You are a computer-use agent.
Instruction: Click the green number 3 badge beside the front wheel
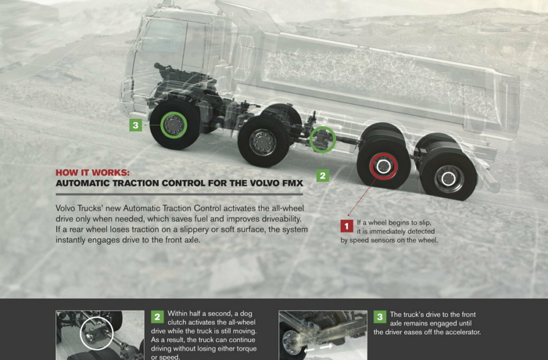(x=136, y=125)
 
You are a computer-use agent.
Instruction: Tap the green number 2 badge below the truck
(x=323, y=176)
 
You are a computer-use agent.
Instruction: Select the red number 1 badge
(x=347, y=226)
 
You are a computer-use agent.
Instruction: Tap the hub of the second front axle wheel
(x=263, y=142)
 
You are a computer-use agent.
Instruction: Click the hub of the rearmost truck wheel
(x=449, y=179)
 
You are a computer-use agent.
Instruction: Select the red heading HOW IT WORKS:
(x=92, y=172)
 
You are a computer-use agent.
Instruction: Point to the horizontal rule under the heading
(x=179, y=194)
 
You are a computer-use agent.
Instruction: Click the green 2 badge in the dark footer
(x=157, y=317)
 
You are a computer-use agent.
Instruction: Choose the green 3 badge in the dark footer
(x=380, y=317)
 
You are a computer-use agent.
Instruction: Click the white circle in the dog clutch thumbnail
(x=80, y=334)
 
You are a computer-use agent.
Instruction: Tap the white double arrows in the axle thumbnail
(x=318, y=348)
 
